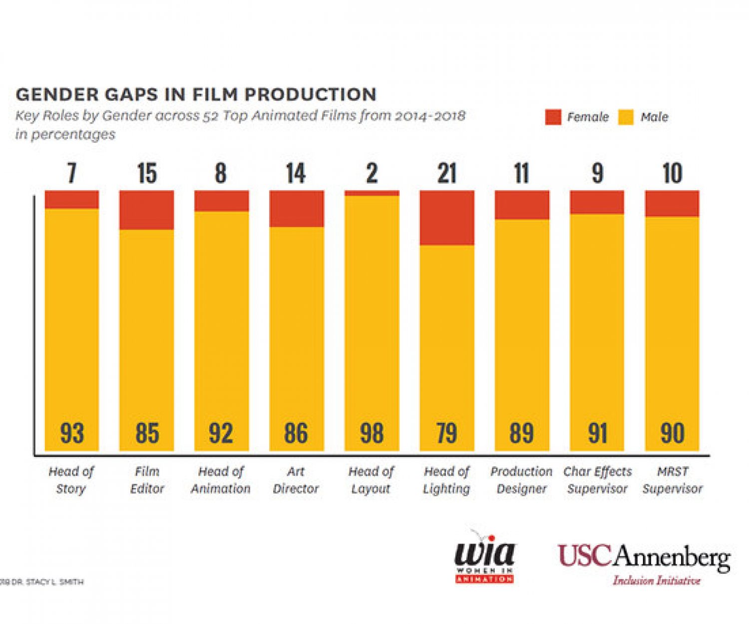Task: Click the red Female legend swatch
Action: pyautogui.click(x=553, y=117)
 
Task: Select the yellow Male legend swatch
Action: pyautogui.click(x=626, y=117)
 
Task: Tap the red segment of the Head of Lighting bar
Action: pyautogui.click(x=447, y=218)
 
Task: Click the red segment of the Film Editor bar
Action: pyautogui.click(x=147, y=210)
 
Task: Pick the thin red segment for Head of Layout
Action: pyautogui.click(x=372, y=193)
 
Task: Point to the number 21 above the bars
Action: pyautogui.click(x=447, y=174)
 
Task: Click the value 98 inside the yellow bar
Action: pyautogui.click(x=372, y=433)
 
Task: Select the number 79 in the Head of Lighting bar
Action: pyautogui.click(x=447, y=433)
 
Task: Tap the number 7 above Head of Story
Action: pyautogui.click(x=72, y=174)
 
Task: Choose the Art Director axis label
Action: pyautogui.click(x=296, y=480)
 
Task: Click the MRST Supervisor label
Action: pyautogui.click(x=672, y=480)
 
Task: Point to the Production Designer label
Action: pyautogui.click(x=521, y=480)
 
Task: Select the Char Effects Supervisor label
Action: pyautogui.click(x=597, y=480)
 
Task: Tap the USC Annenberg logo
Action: pyautogui.click(x=644, y=563)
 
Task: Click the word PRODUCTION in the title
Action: pyautogui.click(x=310, y=94)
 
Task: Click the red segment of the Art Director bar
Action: pyautogui.click(x=297, y=209)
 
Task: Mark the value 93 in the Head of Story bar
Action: pyautogui.click(x=72, y=433)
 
